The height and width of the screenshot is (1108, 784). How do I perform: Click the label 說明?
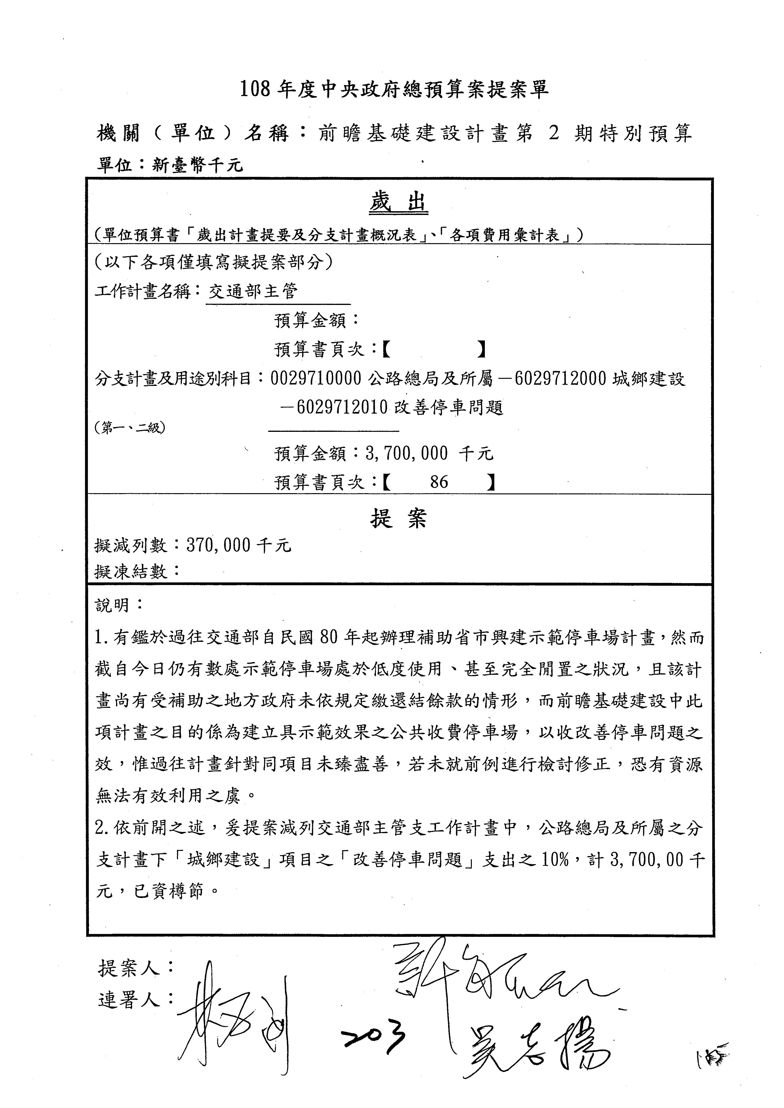[113, 605]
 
